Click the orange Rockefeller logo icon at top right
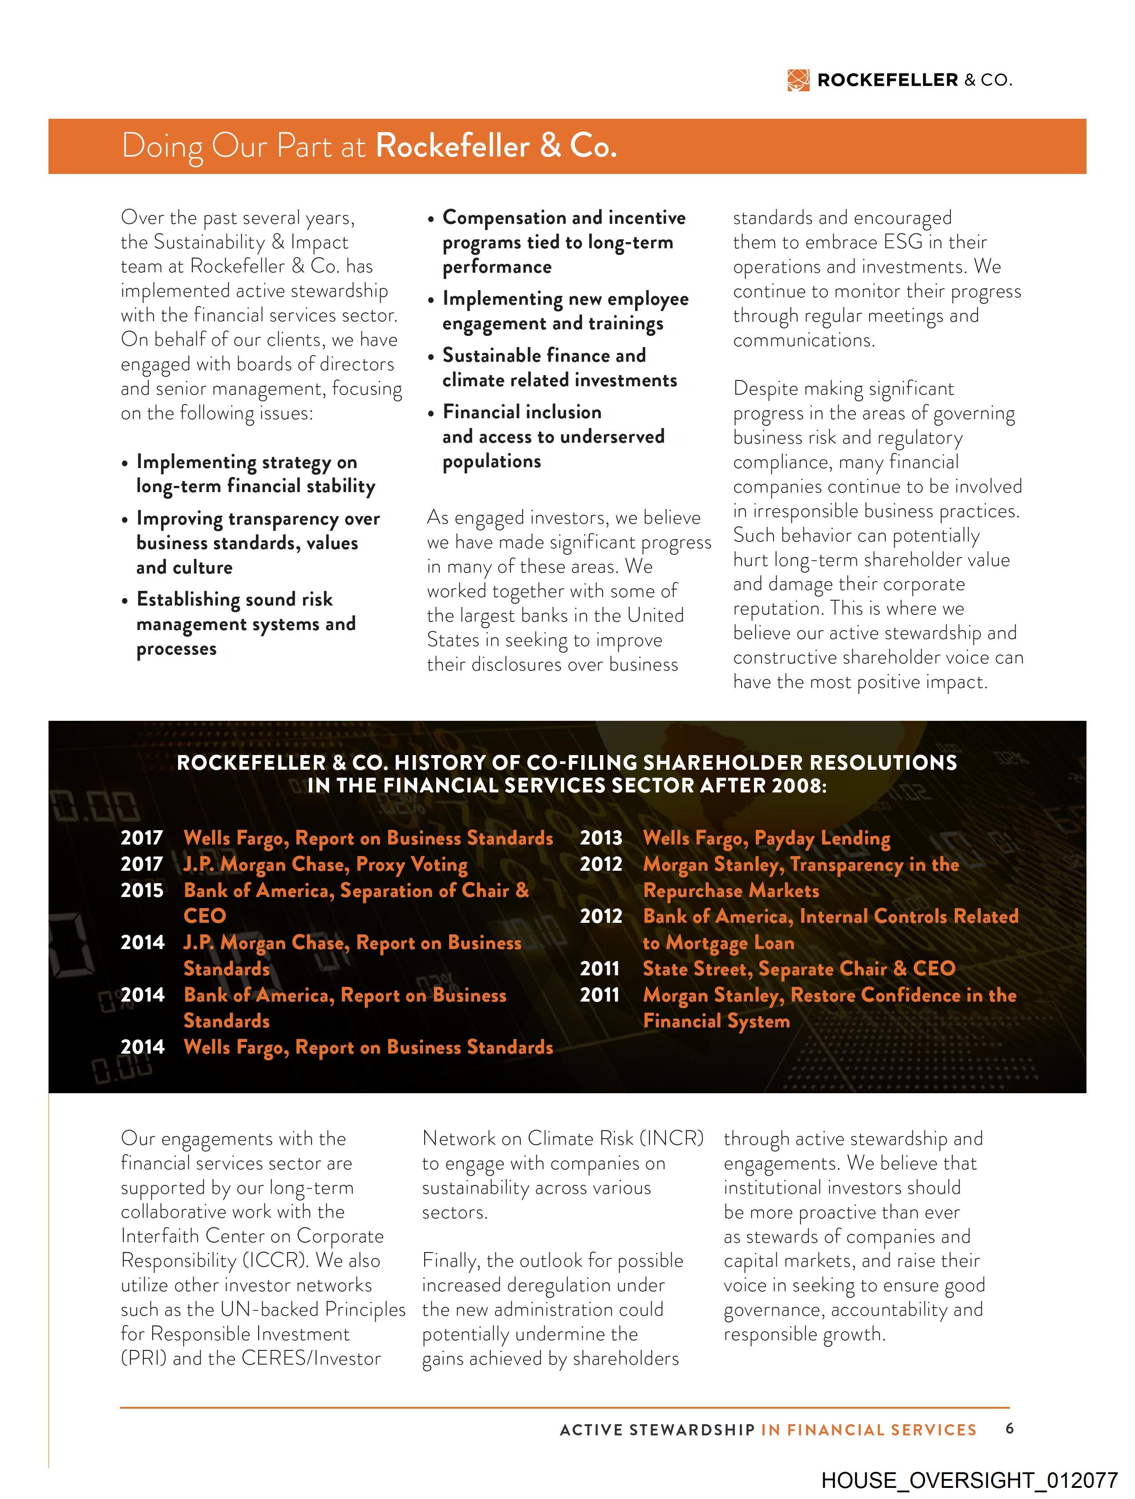point(798,80)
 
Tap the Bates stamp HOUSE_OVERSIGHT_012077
point(969,1479)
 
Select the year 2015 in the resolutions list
point(142,890)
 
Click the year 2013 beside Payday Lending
point(601,838)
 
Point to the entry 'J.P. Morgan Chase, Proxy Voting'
point(325,865)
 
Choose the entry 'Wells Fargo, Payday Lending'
point(766,838)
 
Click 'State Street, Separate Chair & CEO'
point(799,968)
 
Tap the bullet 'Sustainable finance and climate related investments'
point(559,368)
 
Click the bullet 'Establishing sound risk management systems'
point(245,623)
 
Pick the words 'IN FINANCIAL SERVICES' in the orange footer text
point(868,1430)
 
